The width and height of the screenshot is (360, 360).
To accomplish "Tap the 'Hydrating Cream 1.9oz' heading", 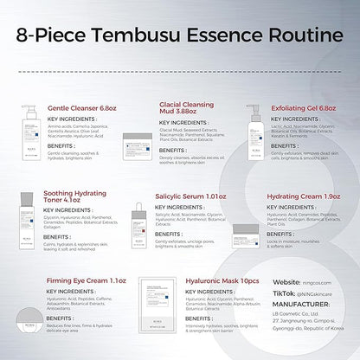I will pos(302,196).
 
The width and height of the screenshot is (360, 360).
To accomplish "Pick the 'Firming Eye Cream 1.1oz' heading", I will pos(87,280).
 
